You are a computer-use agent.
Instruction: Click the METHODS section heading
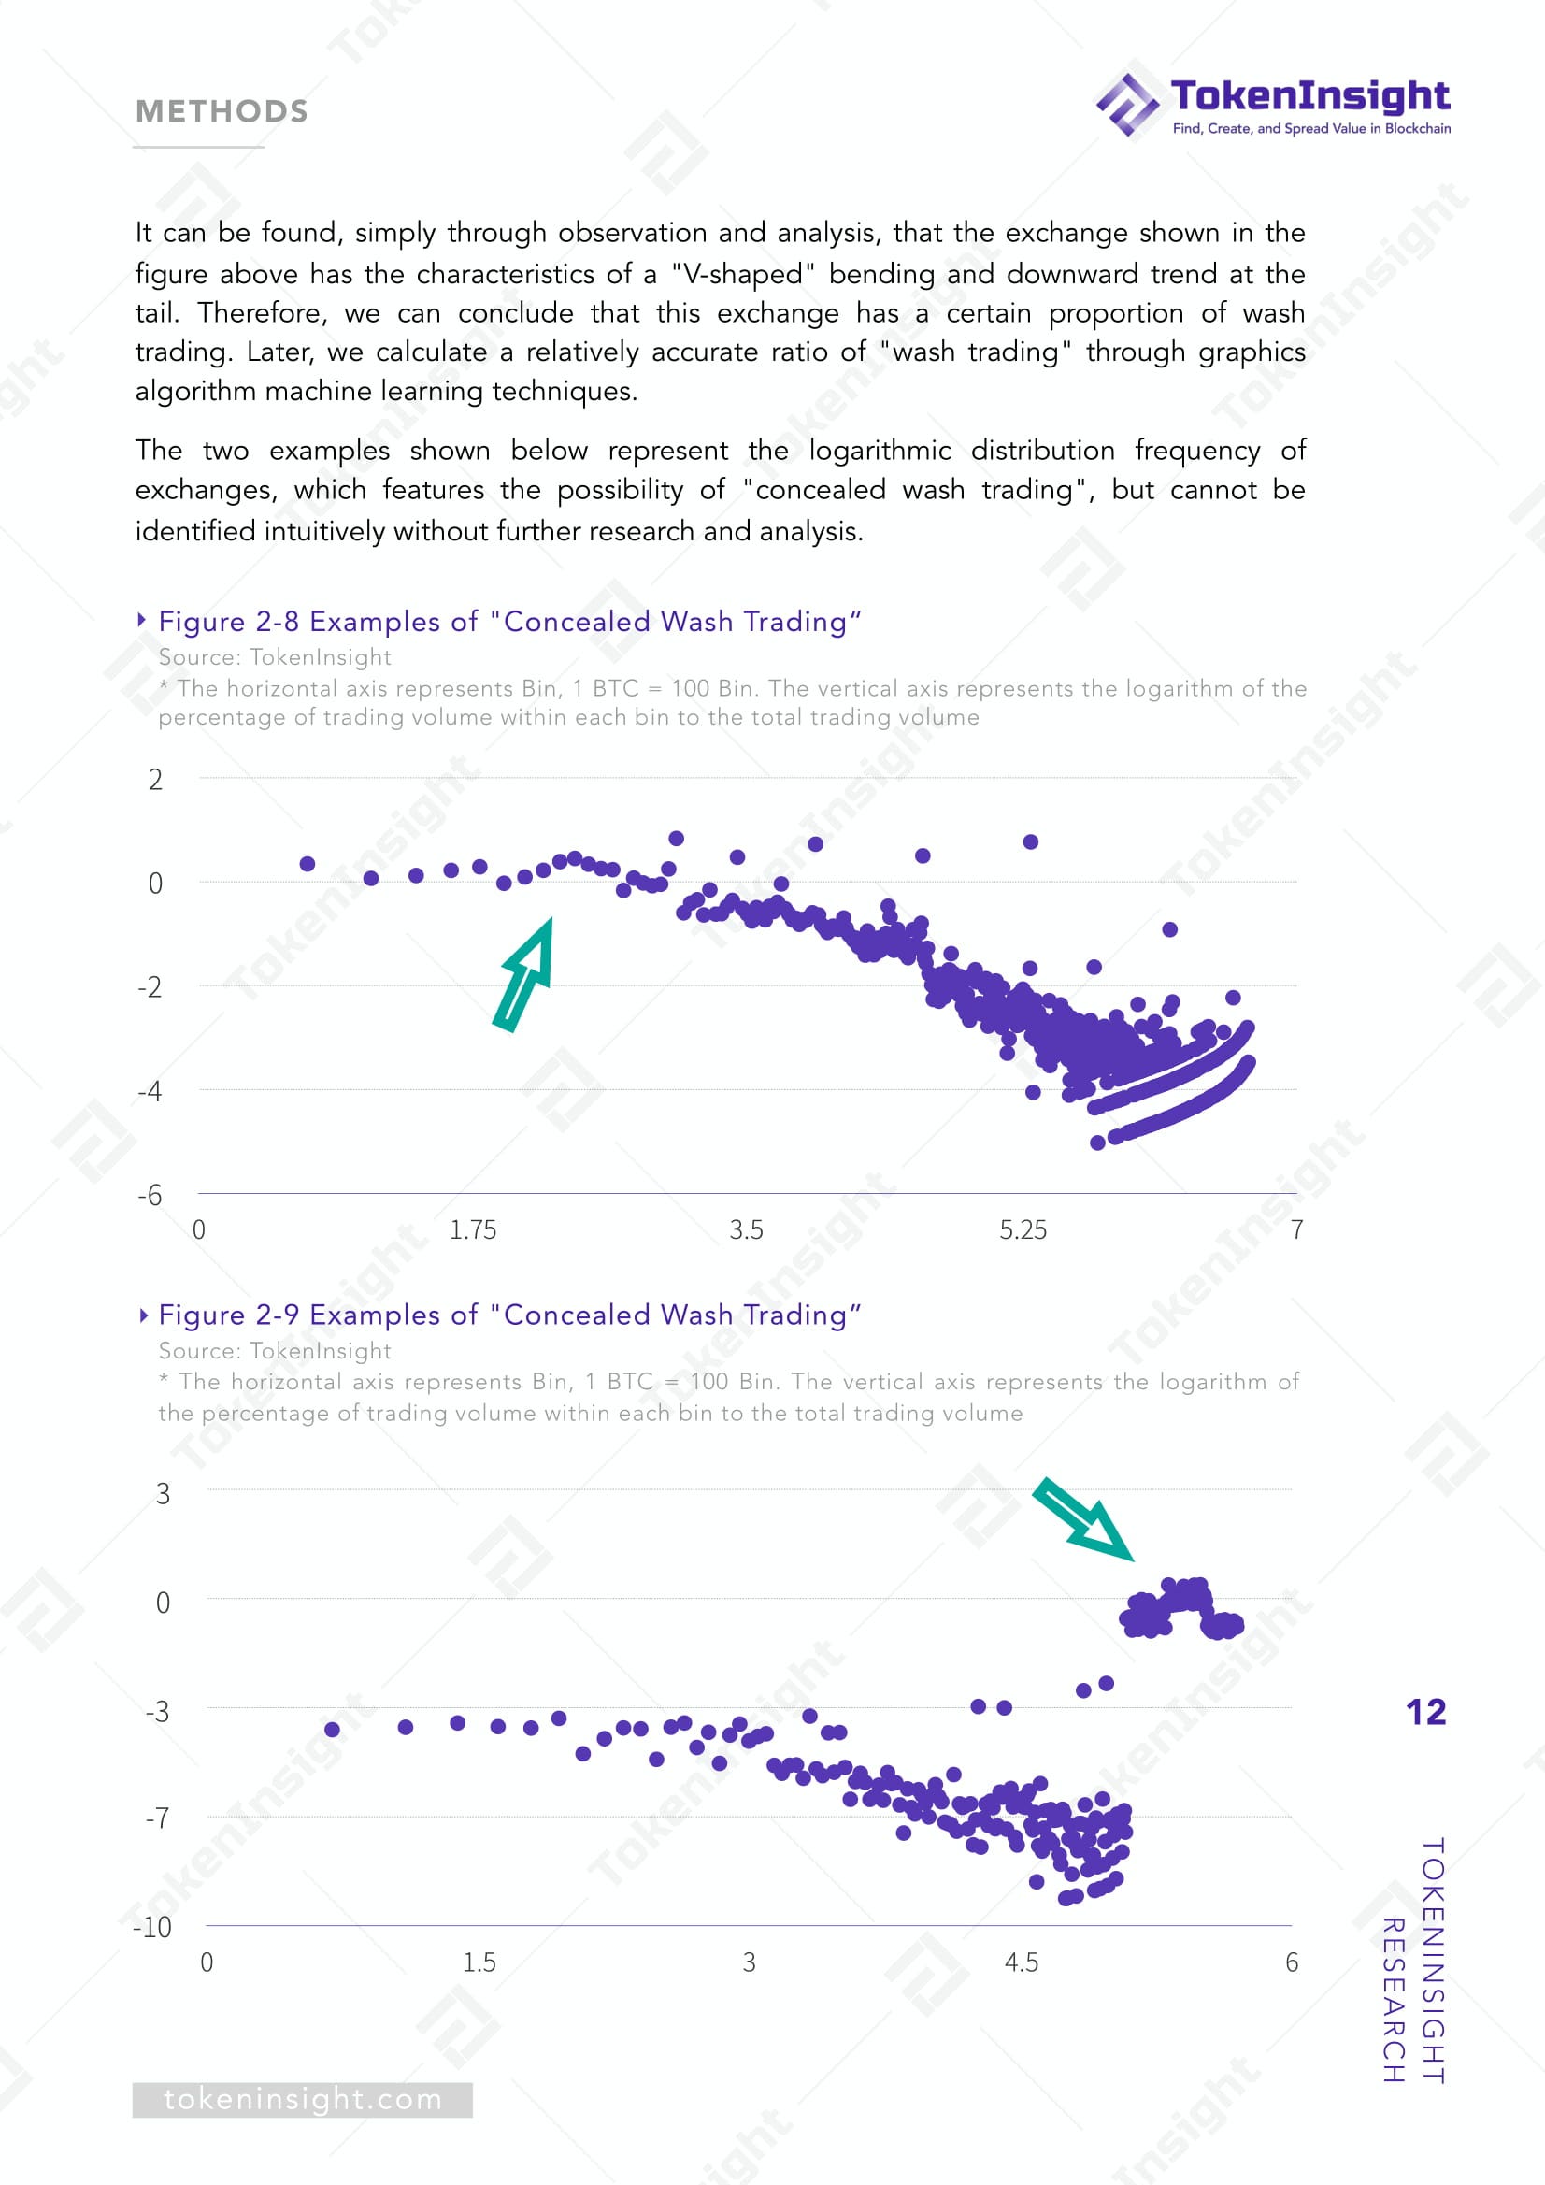pyautogui.click(x=222, y=111)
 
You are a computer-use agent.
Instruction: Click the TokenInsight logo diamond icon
pyautogui.click(x=1128, y=105)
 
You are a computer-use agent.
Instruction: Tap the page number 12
pyautogui.click(x=1425, y=1712)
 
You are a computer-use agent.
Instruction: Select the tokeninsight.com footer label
pyautogui.click(x=303, y=2098)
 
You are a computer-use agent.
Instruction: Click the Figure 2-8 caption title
pyautogui.click(x=510, y=622)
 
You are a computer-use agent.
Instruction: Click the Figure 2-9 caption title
pyautogui.click(x=510, y=1315)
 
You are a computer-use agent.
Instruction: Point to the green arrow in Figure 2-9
pyautogui.click(x=1083, y=1518)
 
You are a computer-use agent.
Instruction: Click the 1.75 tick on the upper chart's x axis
pyautogui.click(x=473, y=1229)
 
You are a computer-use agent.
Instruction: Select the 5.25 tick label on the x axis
pyautogui.click(x=1023, y=1229)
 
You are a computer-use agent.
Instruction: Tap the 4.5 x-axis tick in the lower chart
pyautogui.click(x=1022, y=1962)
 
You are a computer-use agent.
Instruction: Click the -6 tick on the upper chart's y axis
pyautogui.click(x=150, y=1195)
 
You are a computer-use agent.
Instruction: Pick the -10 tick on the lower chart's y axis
pyautogui.click(x=152, y=1927)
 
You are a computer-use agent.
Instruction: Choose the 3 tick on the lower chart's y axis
pyautogui.click(x=163, y=1493)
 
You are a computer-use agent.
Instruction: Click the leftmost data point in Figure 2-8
pyautogui.click(x=308, y=864)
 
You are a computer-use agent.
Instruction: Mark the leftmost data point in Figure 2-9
pyautogui.click(x=332, y=1729)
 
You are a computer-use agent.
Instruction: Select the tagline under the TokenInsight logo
pyautogui.click(x=1311, y=128)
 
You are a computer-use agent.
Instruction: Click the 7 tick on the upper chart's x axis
pyautogui.click(x=1296, y=1229)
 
